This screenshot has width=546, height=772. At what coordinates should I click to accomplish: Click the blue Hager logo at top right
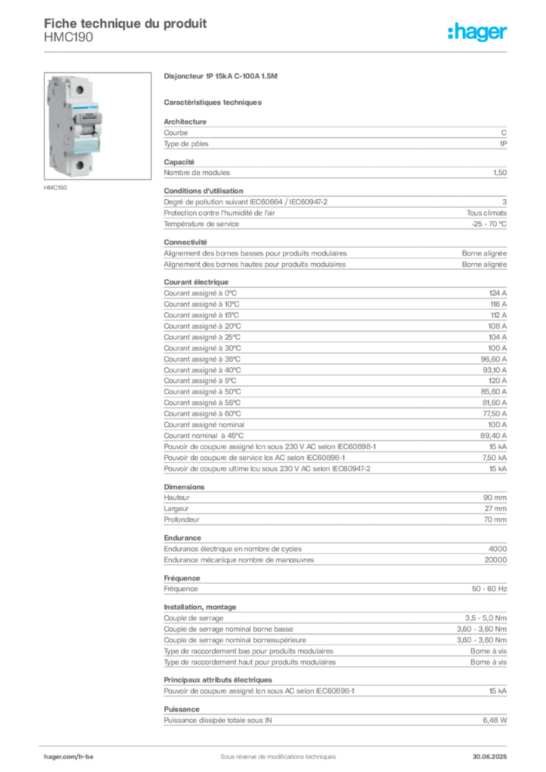[478, 32]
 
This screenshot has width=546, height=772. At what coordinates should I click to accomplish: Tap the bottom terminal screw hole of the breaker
[77, 164]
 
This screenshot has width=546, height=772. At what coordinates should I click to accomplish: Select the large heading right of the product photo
[223, 77]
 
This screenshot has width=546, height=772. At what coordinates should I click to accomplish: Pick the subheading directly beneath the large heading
[213, 102]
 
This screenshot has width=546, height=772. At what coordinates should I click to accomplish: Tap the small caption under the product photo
[57, 186]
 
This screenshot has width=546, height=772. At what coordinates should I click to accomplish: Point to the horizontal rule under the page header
[277, 51]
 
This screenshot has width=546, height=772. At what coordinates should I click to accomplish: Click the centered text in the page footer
[271, 753]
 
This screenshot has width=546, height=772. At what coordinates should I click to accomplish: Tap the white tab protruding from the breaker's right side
[105, 121]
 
